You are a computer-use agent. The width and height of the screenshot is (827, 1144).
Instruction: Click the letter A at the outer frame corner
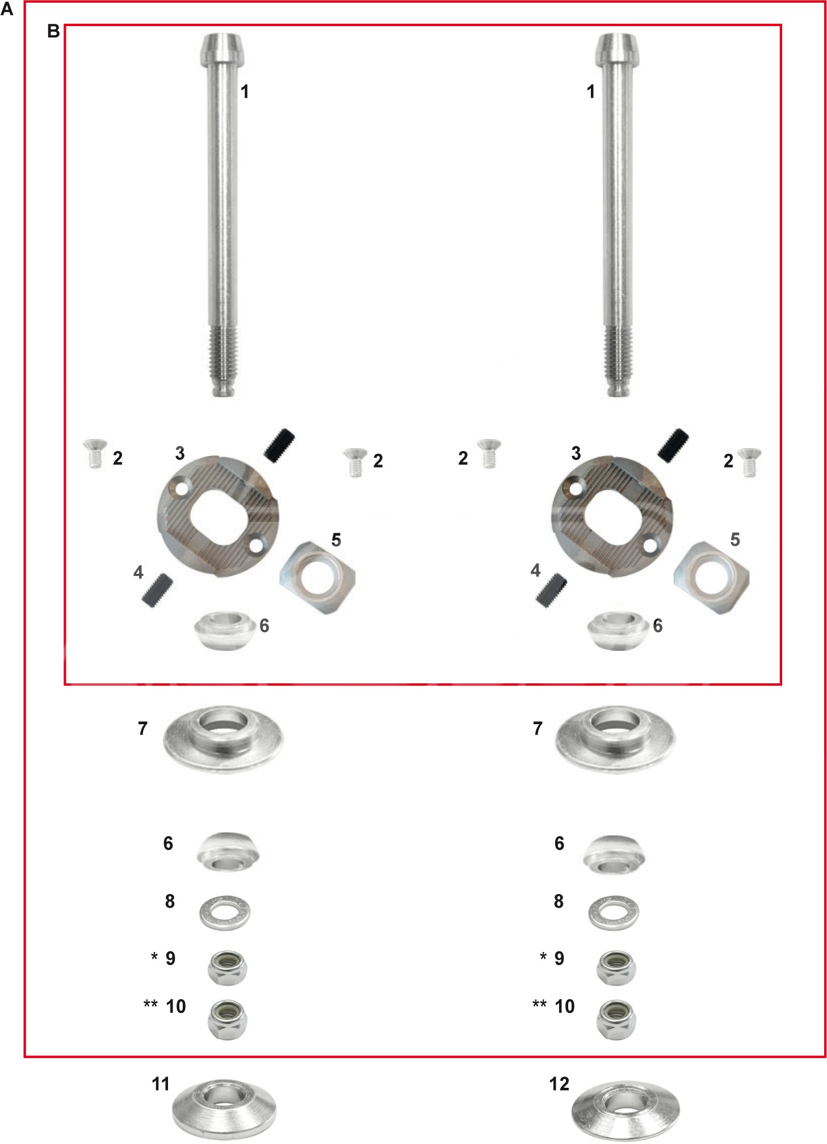click(7, 9)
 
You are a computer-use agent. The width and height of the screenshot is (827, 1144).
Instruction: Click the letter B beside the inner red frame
click(53, 31)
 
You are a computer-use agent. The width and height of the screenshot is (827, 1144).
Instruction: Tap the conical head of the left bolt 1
click(223, 49)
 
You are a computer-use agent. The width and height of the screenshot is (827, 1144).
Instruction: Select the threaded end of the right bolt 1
click(618, 361)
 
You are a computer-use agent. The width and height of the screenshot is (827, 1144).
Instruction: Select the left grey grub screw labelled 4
click(157, 590)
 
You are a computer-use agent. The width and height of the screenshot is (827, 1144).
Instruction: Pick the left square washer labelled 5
click(317, 577)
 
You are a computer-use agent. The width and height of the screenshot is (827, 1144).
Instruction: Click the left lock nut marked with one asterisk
click(227, 968)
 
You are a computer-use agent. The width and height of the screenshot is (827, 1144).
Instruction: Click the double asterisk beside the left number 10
click(150, 1004)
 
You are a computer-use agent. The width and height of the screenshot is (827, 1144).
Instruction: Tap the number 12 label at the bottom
click(559, 1084)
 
